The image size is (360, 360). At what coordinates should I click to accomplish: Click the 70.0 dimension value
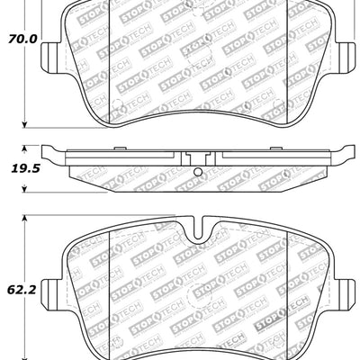(22, 39)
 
